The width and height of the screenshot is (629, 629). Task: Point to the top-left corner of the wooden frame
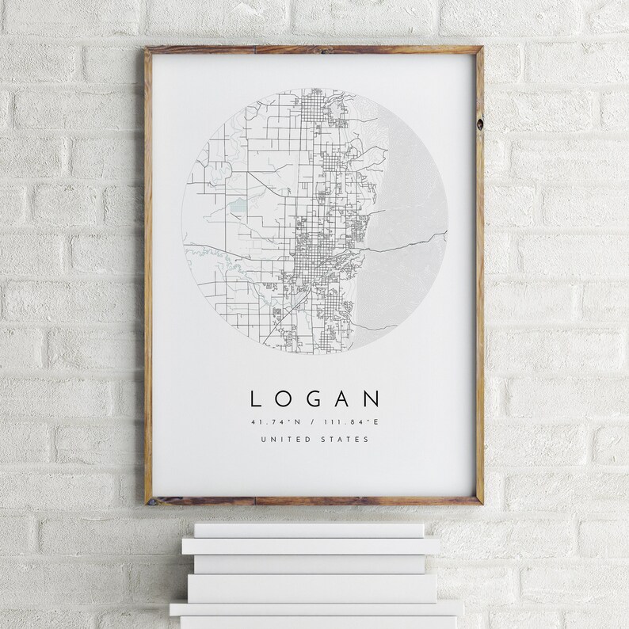pyautogui.click(x=147, y=49)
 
